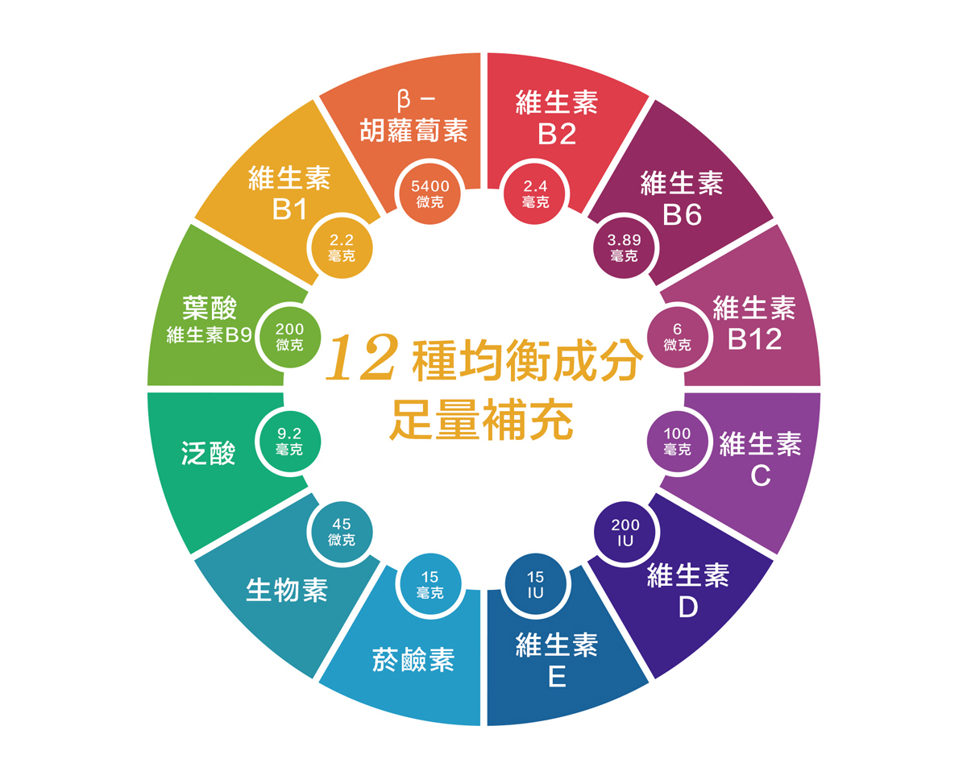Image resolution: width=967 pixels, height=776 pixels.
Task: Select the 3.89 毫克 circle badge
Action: tap(625, 247)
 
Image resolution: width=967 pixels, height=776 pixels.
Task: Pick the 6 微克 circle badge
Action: tap(678, 337)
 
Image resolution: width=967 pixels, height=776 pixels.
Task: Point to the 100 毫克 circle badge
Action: tap(678, 442)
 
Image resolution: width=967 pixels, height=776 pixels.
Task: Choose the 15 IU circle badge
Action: tap(536, 585)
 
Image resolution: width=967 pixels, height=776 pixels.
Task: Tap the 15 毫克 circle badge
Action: tap(430, 585)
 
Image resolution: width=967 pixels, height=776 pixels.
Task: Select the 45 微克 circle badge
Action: tap(342, 532)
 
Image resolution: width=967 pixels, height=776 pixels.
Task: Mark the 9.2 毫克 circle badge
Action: tap(288, 442)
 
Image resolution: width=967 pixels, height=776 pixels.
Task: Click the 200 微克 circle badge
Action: tap(289, 337)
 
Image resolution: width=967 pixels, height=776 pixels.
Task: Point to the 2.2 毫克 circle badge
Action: tap(342, 247)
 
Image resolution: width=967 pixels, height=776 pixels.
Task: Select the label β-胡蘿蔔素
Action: tap(414, 117)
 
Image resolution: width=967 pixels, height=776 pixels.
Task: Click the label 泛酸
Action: tap(209, 454)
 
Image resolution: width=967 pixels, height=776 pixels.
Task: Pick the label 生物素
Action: tap(287, 591)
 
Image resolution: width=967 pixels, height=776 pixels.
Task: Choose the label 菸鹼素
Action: tap(413, 659)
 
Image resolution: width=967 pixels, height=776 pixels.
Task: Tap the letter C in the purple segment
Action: tap(761, 477)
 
